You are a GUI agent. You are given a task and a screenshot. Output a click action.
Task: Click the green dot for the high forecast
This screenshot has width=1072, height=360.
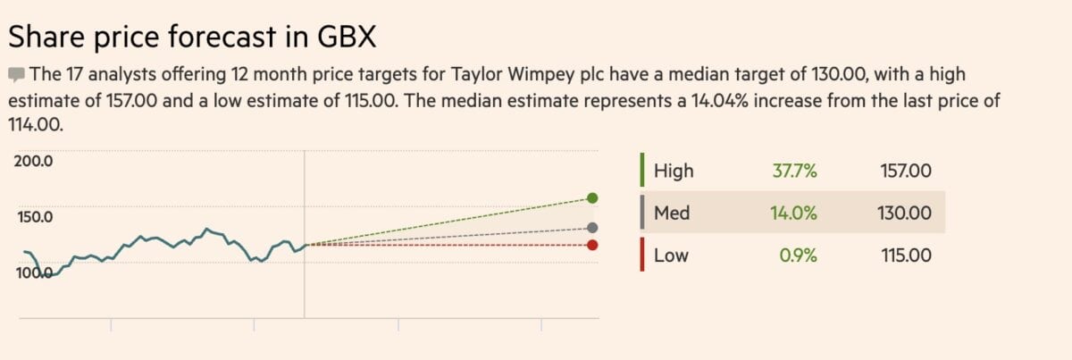click(x=592, y=197)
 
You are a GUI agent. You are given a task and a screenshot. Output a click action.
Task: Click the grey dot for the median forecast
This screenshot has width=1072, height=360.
click(x=592, y=228)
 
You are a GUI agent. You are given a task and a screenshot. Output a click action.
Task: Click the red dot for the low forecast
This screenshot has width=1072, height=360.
click(x=592, y=245)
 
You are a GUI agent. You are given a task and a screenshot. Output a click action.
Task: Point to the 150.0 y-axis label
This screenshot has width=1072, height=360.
click(x=35, y=216)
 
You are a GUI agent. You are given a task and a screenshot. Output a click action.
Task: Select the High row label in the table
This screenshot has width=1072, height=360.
click(x=674, y=171)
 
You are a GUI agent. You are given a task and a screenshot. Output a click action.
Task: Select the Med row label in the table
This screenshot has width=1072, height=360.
click(x=672, y=213)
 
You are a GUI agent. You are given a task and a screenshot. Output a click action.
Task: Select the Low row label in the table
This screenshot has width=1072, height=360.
click(x=671, y=255)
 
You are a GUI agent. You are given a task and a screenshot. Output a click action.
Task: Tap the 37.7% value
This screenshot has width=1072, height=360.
click(x=794, y=171)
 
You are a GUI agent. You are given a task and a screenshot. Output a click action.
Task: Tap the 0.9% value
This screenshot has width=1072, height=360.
click(x=799, y=255)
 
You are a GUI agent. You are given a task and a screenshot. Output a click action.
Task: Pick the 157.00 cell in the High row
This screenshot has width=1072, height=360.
click(x=906, y=171)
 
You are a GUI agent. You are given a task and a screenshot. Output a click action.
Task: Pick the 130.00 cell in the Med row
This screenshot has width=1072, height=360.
click(x=905, y=213)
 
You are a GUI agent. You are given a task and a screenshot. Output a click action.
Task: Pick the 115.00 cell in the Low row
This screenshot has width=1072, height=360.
click(x=906, y=255)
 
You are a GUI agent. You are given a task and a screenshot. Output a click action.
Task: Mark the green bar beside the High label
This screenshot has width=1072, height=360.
click(x=641, y=170)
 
